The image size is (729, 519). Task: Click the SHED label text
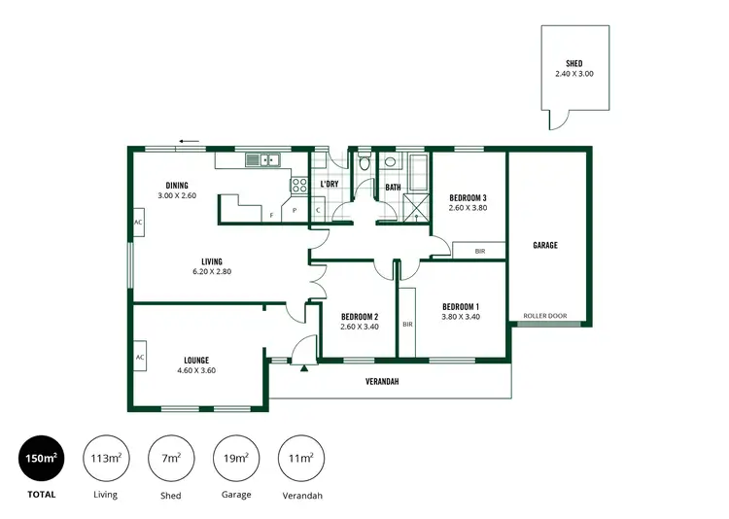point(573,63)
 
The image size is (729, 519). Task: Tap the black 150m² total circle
point(41,459)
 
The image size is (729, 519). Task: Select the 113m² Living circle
point(106,459)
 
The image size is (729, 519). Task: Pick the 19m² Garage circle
point(236,459)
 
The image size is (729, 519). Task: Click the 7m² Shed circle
point(171,459)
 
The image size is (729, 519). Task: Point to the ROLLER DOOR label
point(544,316)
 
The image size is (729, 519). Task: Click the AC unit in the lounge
point(140,357)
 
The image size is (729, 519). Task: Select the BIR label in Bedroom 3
point(479,251)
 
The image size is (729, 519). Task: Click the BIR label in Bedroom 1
point(406,324)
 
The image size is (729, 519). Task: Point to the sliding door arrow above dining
point(189,141)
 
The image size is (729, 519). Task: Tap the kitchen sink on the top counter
point(262,159)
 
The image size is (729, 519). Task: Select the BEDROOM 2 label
point(360,317)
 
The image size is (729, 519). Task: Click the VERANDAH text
point(382,382)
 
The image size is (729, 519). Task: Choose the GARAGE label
point(545,246)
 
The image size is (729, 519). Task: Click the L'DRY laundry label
point(330,184)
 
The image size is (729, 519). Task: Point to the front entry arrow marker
point(304,368)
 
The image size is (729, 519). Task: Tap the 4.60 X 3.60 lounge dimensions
point(195,370)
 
